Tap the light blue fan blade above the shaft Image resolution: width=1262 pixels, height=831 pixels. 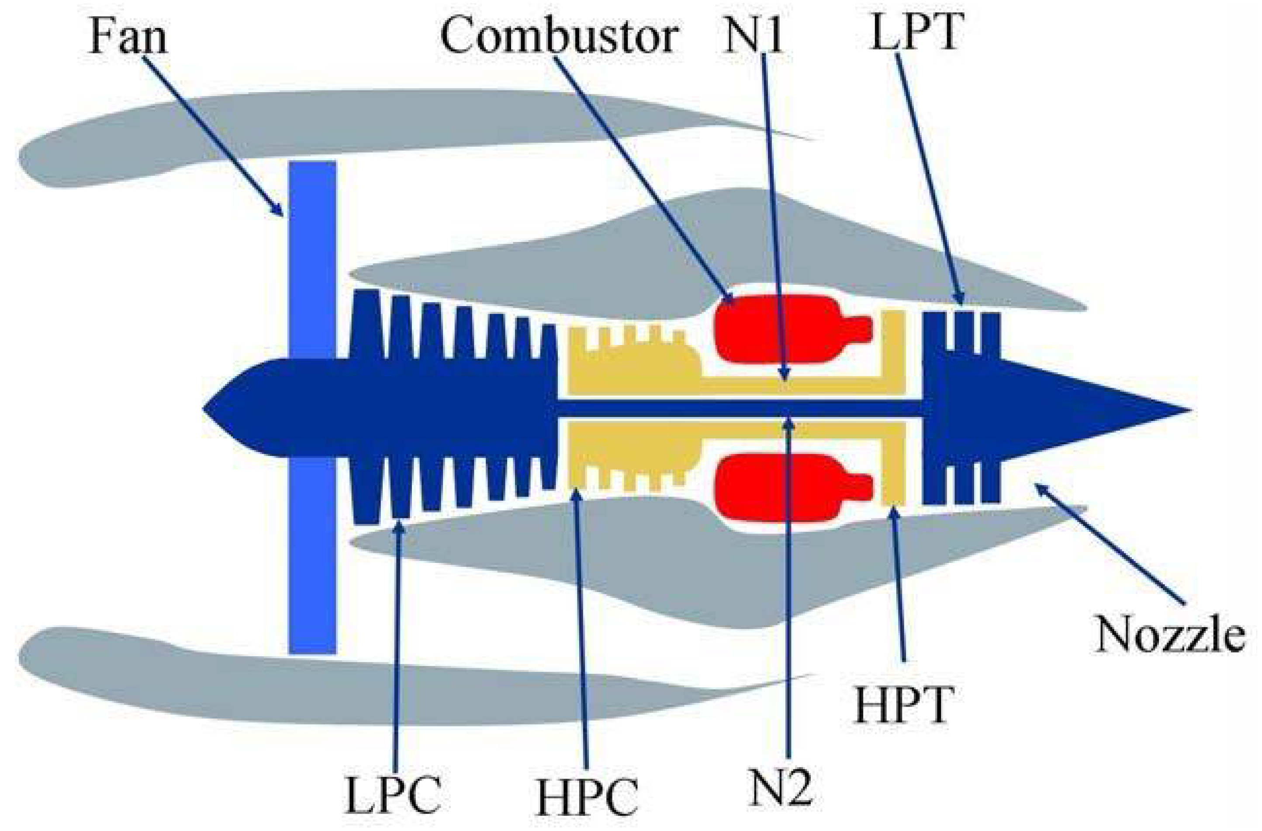[312, 255]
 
